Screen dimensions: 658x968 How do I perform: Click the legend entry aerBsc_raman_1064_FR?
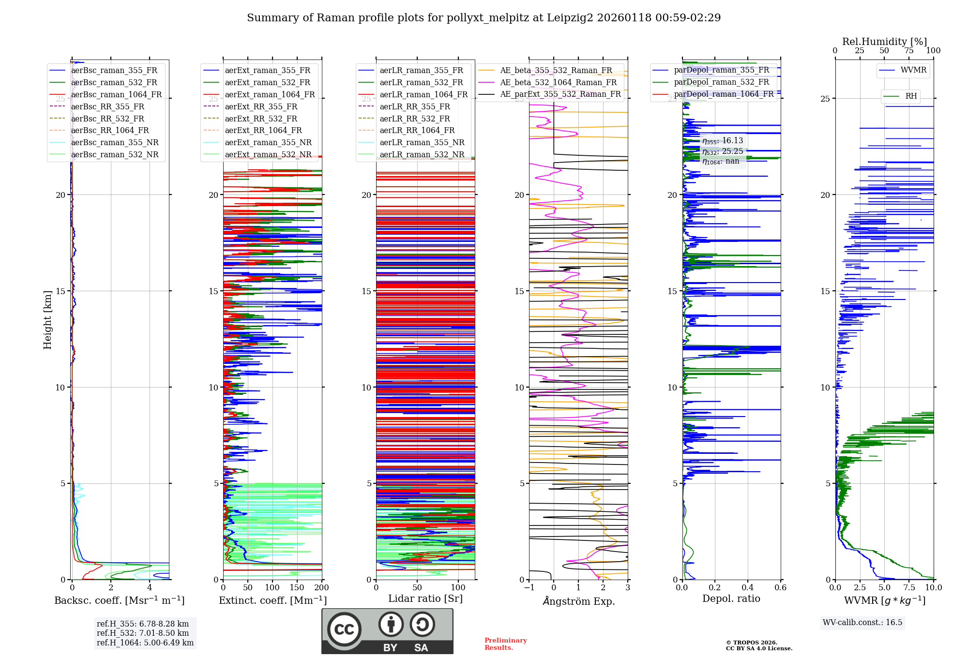pos(116,95)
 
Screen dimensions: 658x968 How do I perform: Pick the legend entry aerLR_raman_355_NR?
pos(422,142)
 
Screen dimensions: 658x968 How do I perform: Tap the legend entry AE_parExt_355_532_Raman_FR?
pos(560,94)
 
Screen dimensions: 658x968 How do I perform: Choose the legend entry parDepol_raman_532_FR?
pos(721,82)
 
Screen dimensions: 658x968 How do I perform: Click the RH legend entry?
pos(911,96)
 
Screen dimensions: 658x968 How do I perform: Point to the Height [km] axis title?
pos(47,320)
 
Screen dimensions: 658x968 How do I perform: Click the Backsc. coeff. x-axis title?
pos(120,600)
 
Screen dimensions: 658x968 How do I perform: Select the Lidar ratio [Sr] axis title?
pos(425,598)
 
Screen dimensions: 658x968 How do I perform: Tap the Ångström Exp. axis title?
pos(578,601)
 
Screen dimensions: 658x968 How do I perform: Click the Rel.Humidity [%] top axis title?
pos(884,42)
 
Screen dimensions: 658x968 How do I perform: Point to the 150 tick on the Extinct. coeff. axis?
pos(297,587)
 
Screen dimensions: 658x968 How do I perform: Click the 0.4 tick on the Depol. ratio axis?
pos(748,587)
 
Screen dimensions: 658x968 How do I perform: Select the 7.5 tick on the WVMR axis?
pos(909,587)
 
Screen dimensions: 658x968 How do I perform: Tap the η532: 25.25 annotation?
pos(722,151)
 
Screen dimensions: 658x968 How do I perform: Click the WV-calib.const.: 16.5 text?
pos(862,622)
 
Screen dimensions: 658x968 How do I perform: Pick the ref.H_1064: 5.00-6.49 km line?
pos(145,643)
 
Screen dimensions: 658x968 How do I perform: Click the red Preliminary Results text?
pos(505,644)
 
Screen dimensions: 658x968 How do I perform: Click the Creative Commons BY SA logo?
pos(387,631)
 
